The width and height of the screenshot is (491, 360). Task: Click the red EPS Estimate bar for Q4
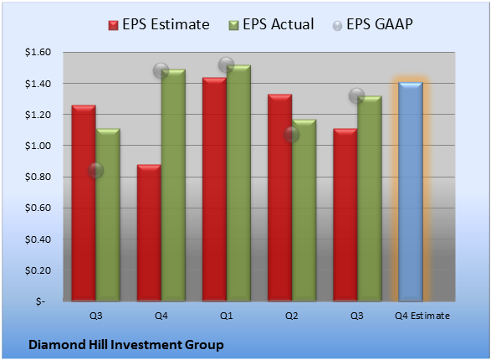click(x=149, y=233)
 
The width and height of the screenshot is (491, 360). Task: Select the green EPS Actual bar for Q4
click(x=173, y=185)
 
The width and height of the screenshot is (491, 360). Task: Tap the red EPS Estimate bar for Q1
click(x=214, y=189)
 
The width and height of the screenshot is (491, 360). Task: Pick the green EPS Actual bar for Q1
click(x=238, y=183)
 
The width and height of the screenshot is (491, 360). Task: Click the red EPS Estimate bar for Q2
click(x=280, y=198)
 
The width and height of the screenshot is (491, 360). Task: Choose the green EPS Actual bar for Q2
click(x=304, y=210)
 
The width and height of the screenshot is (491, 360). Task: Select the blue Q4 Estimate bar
click(x=411, y=192)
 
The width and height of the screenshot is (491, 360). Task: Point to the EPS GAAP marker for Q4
click(x=161, y=70)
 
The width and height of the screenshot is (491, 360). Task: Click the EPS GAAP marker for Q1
click(x=226, y=64)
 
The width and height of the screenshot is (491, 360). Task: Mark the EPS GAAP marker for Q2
click(x=292, y=135)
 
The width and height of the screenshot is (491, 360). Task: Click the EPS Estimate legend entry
click(x=159, y=24)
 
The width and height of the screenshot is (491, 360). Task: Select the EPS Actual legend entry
click(x=271, y=24)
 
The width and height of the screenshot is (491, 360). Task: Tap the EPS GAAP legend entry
click(x=372, y=24)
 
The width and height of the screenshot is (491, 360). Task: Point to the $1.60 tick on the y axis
click(x=38, y=52)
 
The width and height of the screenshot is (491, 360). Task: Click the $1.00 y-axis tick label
click(x=38, y=146)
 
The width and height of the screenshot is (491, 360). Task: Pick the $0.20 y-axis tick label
click(x=38, y=270)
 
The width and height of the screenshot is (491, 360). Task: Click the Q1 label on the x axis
click(x=226, y=316)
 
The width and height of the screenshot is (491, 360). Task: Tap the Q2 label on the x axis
click(x=292, y=316)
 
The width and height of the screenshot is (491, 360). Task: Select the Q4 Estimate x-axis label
click(x=422, y=316)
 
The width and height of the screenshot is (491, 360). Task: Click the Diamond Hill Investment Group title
click(x=126, y=345)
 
